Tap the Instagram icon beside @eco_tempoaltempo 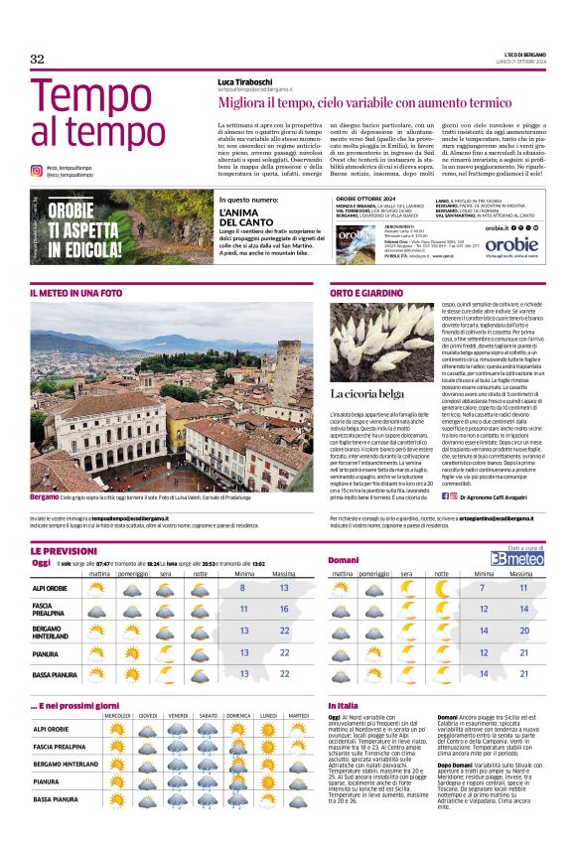click(x=37, y=169)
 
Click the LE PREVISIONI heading click(x=64, y=550)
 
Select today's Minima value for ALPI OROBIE click(x=243, y=588)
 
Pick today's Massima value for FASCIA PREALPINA click(x=284, y=609)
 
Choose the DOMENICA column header click(x=238, y=715)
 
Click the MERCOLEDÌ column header click(x=118, y=715)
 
